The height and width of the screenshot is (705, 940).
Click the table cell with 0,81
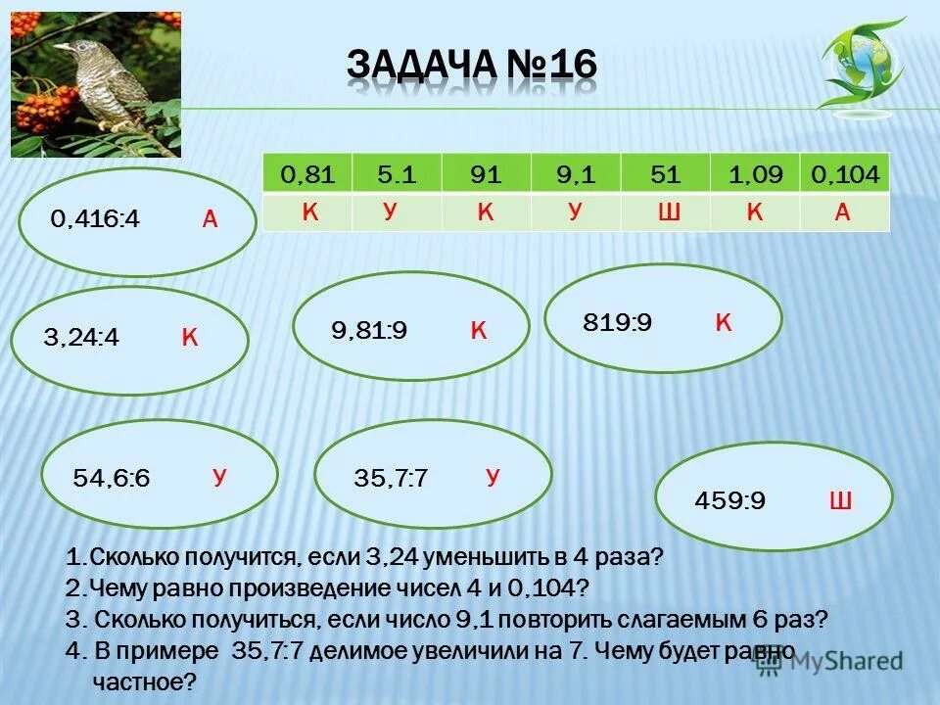pyautogui.click(x=307, y=175)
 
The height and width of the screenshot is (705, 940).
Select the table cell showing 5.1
pyautogui.click(x=397, y=175)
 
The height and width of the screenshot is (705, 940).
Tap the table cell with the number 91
pyautogui.click(x=486, y=175)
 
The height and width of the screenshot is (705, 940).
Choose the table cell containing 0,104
pyautogui.click(x=845, y=175)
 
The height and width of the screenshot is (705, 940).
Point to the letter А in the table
pyautogui.click(x=842, y=213)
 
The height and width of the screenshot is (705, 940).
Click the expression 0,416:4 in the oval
pyautogui.click(x=96, y=220)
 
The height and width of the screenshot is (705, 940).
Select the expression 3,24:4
pyautogui.click(x=81, y=339)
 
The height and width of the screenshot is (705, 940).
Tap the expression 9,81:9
pyautogui.click(x=369, y=331)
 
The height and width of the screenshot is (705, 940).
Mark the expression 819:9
pyautogui.click(x=617, y=322)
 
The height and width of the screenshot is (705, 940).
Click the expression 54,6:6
pyautogui.click(x=112, y=480)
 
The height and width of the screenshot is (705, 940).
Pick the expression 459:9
pyautogui.click(x=729, y=501)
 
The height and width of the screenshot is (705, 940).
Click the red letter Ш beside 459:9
pyautogui.click(x=840, y=502)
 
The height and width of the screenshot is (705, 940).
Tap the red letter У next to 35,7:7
pyautogui.click(x=493, y=478)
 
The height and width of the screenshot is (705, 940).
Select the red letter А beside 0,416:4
pyautogui.click(x=210, y=220)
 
